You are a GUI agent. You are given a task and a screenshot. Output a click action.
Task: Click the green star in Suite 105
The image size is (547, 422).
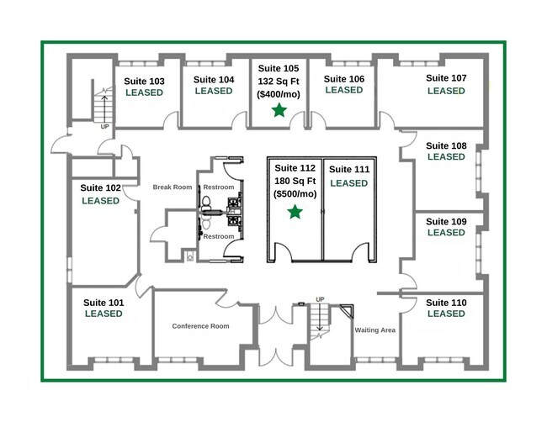click(279, 110)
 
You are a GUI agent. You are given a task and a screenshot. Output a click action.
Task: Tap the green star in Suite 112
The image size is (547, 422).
click(295, 212)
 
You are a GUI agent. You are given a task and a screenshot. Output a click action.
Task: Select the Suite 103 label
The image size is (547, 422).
click(144, 82)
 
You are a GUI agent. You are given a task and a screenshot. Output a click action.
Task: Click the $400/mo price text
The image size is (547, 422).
click(279, 94)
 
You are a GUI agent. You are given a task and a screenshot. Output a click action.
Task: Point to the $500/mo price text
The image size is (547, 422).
click(295, 194)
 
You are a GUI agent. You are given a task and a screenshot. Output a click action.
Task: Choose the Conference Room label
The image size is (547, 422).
click(200, 326)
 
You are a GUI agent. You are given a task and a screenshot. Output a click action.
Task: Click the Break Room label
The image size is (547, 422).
click(173, 187)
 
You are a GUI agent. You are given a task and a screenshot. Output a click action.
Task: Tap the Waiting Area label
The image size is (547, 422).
click(375, 330)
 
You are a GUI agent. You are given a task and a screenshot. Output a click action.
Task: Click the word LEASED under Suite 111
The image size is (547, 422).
click(349, 183)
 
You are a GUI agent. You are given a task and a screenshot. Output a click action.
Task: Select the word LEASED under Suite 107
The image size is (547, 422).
click(446, 91)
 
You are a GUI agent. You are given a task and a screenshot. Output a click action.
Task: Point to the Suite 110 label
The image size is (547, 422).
click(446, 303)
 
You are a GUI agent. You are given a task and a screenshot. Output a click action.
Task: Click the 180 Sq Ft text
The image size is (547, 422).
click(295, 182)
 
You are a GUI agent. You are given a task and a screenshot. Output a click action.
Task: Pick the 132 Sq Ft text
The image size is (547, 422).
click(279, 82)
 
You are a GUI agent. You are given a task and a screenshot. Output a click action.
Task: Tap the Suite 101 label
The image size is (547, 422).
click(104, 303)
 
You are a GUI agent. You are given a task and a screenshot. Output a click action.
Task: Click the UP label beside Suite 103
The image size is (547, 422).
click(104, 127)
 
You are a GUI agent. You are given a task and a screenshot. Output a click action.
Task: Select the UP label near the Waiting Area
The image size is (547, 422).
click(320, 299)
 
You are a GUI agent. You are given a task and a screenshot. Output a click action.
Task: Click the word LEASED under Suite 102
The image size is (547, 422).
click(100, 201)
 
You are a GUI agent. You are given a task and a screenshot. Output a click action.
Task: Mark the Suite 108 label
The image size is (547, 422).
click(446, 145)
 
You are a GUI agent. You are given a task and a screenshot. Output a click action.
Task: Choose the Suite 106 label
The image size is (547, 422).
click(344, 79)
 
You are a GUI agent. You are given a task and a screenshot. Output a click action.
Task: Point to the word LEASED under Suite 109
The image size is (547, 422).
click(446, 232)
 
